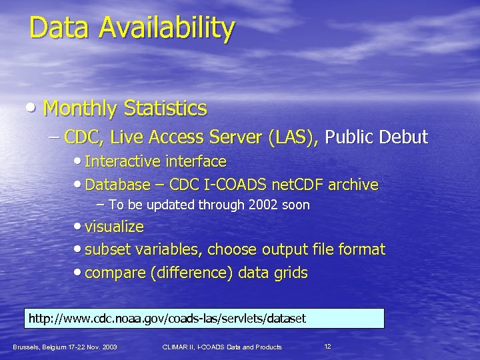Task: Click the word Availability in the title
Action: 168,29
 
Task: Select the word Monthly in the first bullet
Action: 81,108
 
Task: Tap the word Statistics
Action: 166,108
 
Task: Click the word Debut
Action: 403,138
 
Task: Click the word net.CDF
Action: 303,185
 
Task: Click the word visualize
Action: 115,227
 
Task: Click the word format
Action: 361,250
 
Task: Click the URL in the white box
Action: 167,319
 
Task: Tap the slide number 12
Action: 327,347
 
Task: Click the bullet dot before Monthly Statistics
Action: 34,109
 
